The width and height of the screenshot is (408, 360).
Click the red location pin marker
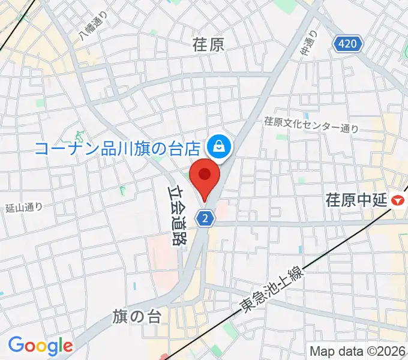click(x=205, y=175)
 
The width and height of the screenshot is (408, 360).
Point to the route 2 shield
click(x=206, y=219)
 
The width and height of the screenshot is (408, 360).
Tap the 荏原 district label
click(x=208, y=44)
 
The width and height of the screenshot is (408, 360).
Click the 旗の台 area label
click(x=136, y=317)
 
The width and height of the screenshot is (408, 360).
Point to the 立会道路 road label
click(x=175, y=217)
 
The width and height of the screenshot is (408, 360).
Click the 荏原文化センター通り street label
click(x=312, y=124)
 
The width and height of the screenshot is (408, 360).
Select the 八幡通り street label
click(x=94, y=27)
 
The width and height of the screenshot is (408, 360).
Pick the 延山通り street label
click(x=23, y=208)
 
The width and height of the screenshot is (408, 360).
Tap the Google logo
click(x=40, y=346)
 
